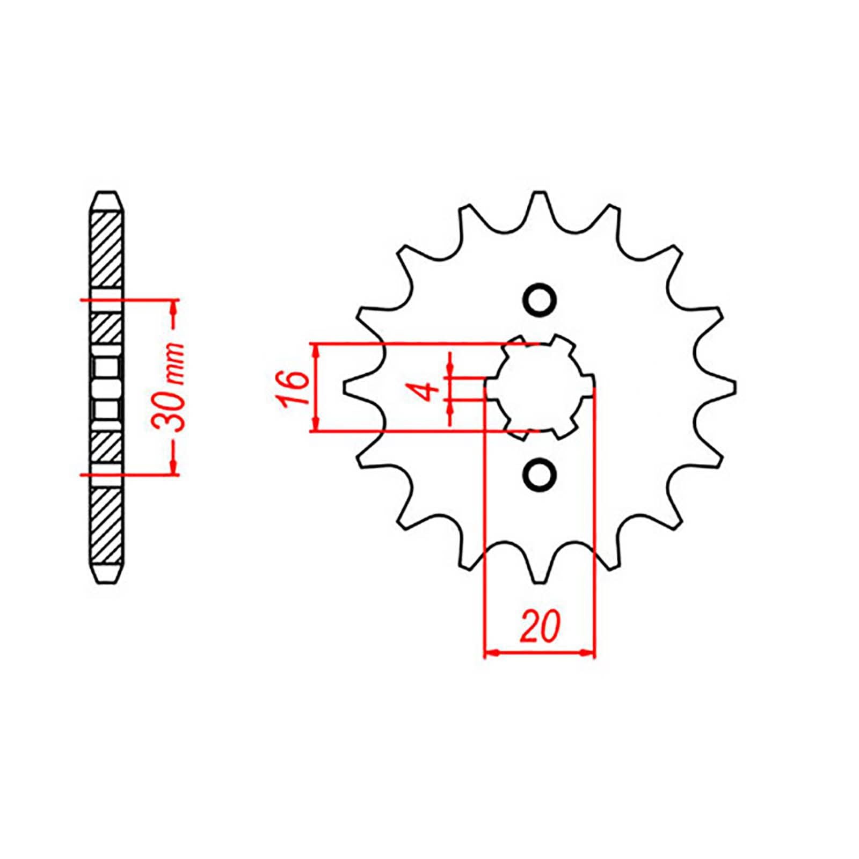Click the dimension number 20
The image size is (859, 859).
tap(540, 625)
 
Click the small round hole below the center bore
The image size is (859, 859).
tap(540, 474)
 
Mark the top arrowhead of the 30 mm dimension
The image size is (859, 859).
tap(173, 308)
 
